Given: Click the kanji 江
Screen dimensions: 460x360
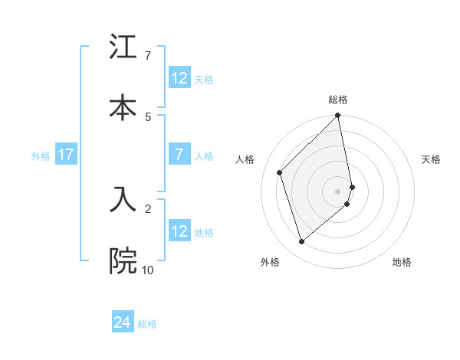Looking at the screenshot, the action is [123, 48].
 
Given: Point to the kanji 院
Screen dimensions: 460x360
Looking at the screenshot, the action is [123, 261].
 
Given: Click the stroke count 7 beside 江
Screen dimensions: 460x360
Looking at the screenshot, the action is [147, 56].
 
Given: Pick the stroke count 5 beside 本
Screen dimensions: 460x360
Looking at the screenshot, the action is [147, 116].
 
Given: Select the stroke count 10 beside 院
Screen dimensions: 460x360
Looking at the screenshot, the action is [147, 270].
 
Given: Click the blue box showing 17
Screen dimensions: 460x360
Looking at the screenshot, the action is [66, 155].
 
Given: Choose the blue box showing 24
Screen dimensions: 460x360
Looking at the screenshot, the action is [123, 323].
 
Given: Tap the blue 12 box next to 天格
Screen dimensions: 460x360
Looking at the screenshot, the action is [179, 78].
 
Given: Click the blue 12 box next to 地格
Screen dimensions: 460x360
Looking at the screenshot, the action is [179, 231].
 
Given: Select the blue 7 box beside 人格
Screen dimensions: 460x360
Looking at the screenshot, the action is [179, 155].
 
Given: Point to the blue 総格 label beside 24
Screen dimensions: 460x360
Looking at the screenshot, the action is [147, 324].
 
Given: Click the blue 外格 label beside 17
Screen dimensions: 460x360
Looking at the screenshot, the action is [41, 155].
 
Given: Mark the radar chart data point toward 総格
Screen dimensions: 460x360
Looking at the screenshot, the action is [338, 116].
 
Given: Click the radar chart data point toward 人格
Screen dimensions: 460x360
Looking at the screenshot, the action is [280, 172].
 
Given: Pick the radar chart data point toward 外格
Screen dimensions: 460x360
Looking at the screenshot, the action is [302, 242].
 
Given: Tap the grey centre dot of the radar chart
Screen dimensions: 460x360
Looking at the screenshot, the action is [338, 190].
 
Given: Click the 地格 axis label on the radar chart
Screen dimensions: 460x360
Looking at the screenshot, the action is [402, 262].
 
